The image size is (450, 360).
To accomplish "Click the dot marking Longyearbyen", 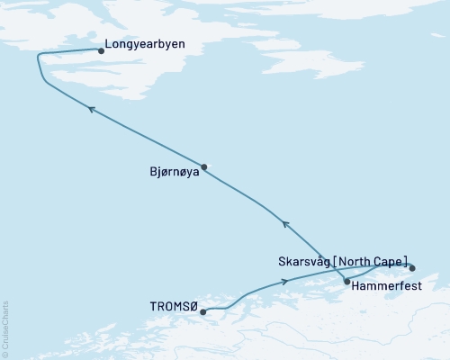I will [100, 51].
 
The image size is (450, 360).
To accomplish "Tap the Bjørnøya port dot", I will [204, 166].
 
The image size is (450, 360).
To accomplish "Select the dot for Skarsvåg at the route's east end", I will [412, 267].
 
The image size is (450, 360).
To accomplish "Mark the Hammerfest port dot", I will [346, 281].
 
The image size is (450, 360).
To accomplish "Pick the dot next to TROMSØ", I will [203, 312].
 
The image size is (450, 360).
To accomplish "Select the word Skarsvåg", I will [304, 261].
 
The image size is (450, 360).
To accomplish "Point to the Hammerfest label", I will [384, 288].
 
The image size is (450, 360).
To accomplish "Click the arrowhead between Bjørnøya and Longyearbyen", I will [90, 107].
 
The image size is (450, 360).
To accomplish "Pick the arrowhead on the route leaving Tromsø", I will [286, 281].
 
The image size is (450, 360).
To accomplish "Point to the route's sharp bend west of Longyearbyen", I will [39, 57].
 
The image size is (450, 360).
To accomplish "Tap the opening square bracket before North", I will [336, 261].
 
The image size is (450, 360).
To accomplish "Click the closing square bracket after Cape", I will [407, 261].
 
